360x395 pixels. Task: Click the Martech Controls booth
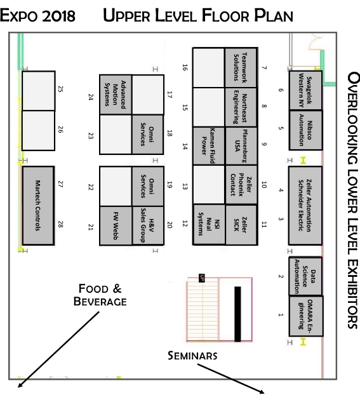point(38,205)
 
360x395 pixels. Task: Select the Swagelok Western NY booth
point(305,90)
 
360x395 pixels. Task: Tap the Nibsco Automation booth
point(305,130)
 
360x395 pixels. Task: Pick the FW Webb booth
point(116,225)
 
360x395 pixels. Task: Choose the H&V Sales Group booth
point(148,225)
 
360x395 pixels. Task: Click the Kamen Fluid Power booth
point(209,146)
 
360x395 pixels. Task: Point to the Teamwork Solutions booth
point(241,68)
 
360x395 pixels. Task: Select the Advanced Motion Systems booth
point(116,95)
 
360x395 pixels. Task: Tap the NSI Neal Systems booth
point(209,224)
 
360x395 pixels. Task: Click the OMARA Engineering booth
point(306,316)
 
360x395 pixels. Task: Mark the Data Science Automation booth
point(305,276)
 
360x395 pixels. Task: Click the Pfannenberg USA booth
point(241,146)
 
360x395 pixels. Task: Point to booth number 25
point(38,91)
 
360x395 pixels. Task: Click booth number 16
point(209,68)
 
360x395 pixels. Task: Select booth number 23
point(116,135)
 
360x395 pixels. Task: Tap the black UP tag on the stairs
point(201,278)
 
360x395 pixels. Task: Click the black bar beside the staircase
point(237,314)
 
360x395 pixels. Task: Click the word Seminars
point(192,356)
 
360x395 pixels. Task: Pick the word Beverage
point(100,301)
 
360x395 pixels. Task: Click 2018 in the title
point(58,16)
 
